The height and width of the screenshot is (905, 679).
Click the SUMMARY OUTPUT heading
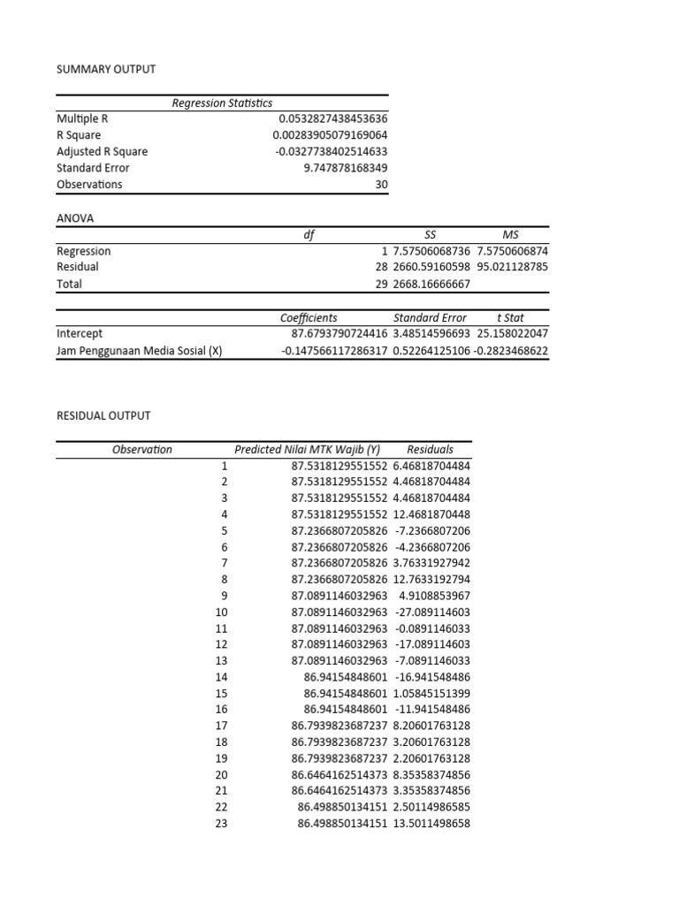105,69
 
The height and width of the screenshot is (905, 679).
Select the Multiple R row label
82,118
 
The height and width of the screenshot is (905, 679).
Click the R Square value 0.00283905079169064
330,134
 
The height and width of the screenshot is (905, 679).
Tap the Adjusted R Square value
331,151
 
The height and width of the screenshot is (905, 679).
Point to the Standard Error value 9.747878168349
345,168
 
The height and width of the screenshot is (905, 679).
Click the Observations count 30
381,185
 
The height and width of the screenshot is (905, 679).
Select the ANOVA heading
75,217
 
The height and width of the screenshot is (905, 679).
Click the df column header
309,234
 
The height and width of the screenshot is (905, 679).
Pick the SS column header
431,234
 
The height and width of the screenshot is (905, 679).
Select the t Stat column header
512,317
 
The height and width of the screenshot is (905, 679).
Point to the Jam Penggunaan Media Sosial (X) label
139,351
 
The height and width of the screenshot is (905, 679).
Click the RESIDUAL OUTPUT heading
103,415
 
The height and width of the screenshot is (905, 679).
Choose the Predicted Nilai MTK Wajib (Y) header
307,449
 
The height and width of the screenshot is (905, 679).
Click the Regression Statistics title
222,103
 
